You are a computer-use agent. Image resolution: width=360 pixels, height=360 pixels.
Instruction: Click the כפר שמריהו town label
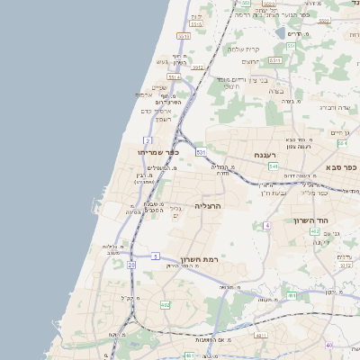(x=158, y=152)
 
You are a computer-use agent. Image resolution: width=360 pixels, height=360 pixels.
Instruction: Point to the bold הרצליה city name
(x=208, y=206)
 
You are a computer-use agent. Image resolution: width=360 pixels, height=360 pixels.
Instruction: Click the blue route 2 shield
(x=148, y=140)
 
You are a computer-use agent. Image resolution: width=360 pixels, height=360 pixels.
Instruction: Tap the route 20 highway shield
(x=131, y=265)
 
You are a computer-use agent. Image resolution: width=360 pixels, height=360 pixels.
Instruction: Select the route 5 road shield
(x=155, y=256)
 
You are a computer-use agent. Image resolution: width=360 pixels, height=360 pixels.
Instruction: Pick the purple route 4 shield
(x=266, y=225)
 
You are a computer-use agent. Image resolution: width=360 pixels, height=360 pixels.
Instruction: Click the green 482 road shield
(x=166, y=306)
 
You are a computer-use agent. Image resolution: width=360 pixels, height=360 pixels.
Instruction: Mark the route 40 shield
(x=329, y=345)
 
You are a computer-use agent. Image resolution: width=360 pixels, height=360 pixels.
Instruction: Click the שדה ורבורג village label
(x=332, y=107)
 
